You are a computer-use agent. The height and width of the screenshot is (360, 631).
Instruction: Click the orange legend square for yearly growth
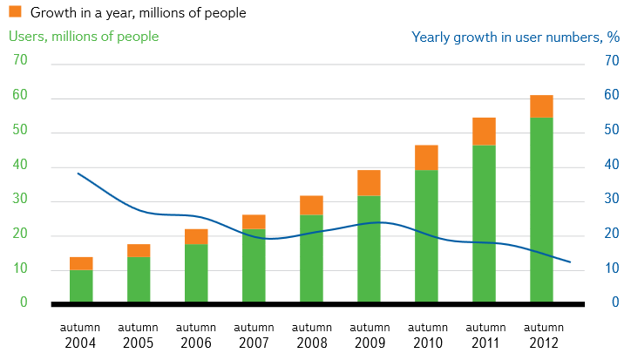(x=15, y=12)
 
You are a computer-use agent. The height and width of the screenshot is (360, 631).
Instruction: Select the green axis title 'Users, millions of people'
(x=84, y=37)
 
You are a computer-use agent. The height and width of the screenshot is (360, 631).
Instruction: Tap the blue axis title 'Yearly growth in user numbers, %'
(x=515, y=37)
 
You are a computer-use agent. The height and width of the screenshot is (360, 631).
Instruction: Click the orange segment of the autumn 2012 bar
(x=541, y=106)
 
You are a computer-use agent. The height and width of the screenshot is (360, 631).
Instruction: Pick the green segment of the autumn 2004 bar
(x=81, y=286)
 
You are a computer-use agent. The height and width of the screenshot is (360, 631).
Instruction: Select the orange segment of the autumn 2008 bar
(x=311, y=205)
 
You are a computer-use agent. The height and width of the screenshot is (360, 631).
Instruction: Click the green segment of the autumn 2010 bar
(x=426, y=235)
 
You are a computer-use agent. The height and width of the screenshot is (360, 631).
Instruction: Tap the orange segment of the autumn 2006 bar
(x=196, y=236)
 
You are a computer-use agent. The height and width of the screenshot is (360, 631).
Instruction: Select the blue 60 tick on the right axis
(x=612, y=96)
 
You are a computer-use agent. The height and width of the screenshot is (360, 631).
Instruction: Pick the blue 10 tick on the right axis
(x=612, y=268)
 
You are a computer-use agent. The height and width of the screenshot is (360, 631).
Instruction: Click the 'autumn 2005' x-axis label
(x=139, y=335)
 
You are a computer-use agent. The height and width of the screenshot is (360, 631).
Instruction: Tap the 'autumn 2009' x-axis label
(x=369, y=335)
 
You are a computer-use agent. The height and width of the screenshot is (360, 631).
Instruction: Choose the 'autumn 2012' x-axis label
(x=541, y=335)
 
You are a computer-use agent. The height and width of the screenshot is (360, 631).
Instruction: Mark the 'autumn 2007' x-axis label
(x=254, y=335)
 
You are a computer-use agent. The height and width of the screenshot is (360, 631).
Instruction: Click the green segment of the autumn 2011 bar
(x=484, y=223)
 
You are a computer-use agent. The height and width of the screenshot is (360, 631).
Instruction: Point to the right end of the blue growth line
(x=570, y=262)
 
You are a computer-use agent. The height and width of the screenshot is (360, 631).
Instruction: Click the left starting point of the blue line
(x=78, y=173)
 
